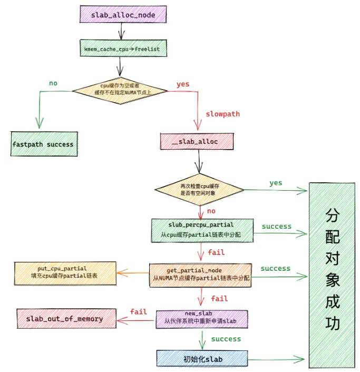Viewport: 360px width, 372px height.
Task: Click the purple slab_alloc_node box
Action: coord(123,14)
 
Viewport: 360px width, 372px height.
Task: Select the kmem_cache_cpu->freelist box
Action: coord(123,48)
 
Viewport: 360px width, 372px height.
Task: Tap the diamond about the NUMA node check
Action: coord(120,91)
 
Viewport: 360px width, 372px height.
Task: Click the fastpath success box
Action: coord(44,144)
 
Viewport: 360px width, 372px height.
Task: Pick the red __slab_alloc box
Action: coord(197,141)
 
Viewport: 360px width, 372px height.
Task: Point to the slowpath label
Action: coord(222,114)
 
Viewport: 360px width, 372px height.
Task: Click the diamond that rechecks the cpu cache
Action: coord(199,190)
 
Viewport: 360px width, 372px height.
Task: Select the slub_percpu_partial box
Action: coord(202,230)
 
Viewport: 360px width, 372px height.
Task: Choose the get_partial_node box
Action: coord(200,275)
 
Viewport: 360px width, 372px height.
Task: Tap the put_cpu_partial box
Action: coord(65,273)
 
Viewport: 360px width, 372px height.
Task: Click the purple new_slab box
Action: coord(202,319)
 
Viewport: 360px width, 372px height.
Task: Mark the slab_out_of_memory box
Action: coord(66,319)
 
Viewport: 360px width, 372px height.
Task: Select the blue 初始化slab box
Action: coord(202,358)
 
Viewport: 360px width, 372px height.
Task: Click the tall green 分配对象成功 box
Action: coord(332,275)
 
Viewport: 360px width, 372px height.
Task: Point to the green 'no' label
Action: coord(53,83)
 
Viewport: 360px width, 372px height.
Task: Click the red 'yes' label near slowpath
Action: coord(183,84)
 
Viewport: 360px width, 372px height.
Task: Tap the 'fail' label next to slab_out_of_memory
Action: coord(139,311)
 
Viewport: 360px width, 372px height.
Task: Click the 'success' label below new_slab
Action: coord(226,339)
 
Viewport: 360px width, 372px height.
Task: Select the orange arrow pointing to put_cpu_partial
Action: coord(133,273)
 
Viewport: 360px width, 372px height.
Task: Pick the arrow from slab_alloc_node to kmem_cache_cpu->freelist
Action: coord(122,31)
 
